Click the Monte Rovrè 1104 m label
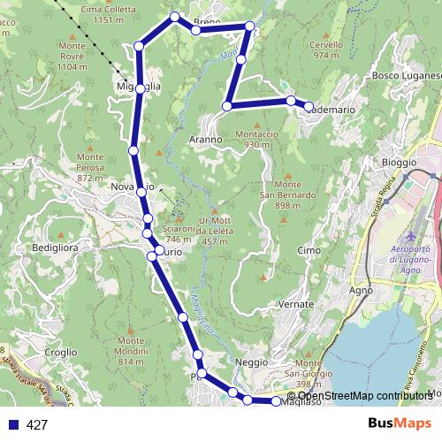(71, 56)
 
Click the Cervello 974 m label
(326, 50)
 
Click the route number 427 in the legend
(37, 425)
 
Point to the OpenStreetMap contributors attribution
(365, 395)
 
